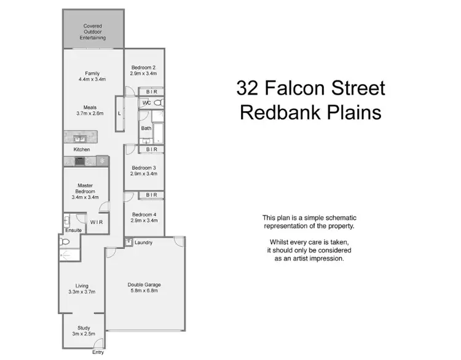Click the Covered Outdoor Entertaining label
tap(94, 31)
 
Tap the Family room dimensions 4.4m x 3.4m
tap(92, 79)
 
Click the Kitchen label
tap(82, 149)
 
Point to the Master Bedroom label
tap(85, 188)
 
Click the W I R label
tap(97, 222)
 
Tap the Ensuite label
tap(73, 230)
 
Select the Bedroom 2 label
tap(144, 68)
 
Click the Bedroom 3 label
tap(144, 168)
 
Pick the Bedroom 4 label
tap(144, 214)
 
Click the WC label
tap(146, 103)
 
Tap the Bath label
tap(146, 128)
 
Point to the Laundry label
tap(143, 243)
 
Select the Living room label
tap(82, 286)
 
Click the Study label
tap(84, 328)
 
